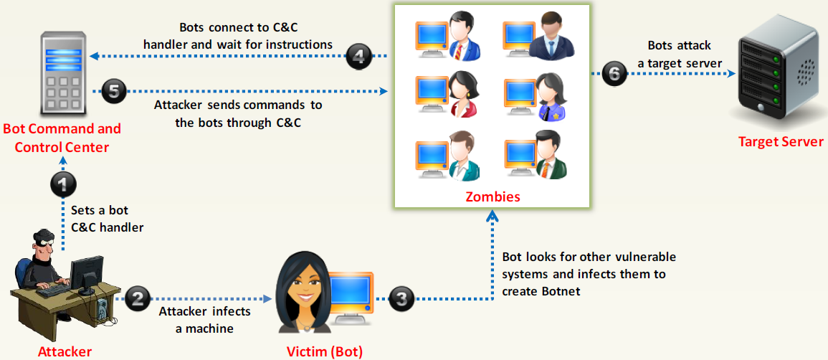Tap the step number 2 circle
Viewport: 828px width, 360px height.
tap(137, 296)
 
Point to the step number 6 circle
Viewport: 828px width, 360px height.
tap(613, 74)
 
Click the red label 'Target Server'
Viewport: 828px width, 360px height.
tap(781, 141)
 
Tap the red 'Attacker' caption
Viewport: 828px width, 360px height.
tap(65, 351)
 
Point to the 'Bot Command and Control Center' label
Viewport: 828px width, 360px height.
tap(62, 138)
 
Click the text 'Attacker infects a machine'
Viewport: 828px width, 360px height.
tap(205, 319)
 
